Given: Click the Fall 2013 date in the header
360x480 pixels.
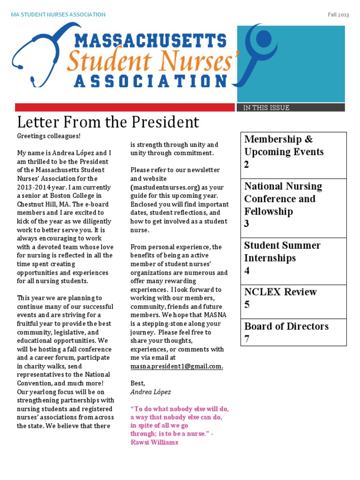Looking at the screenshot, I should pyautogui.click(x=338, y=15).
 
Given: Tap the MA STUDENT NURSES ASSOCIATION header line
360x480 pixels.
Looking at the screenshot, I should pyautogui.click(x=58, y=15).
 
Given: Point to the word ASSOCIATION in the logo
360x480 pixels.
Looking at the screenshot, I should pyautogui.click(x=150, y=81).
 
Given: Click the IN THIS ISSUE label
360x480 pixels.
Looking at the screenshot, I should pyautogui.click(x=266, y=108).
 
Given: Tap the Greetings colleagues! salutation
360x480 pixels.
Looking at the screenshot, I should pyautogui.click(x=49, y=136).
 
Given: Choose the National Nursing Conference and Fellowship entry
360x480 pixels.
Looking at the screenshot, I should pyautogui.click(x=283, y=199).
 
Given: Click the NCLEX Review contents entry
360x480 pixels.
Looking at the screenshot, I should pyautogui.click(x=280, y=292).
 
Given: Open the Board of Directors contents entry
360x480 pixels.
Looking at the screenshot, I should pyautogui.click(x=286, y=326).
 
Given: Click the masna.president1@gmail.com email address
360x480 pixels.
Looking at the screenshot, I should pyautogui.click(x=177, y=367).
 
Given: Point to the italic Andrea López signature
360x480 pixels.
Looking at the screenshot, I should pyautogui.click(x=150, y=392).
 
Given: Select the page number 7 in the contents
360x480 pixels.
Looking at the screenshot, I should pyautogui.click(x=247, y=339).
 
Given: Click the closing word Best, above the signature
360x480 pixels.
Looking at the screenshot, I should pyautogui.click(x=138, y=383).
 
